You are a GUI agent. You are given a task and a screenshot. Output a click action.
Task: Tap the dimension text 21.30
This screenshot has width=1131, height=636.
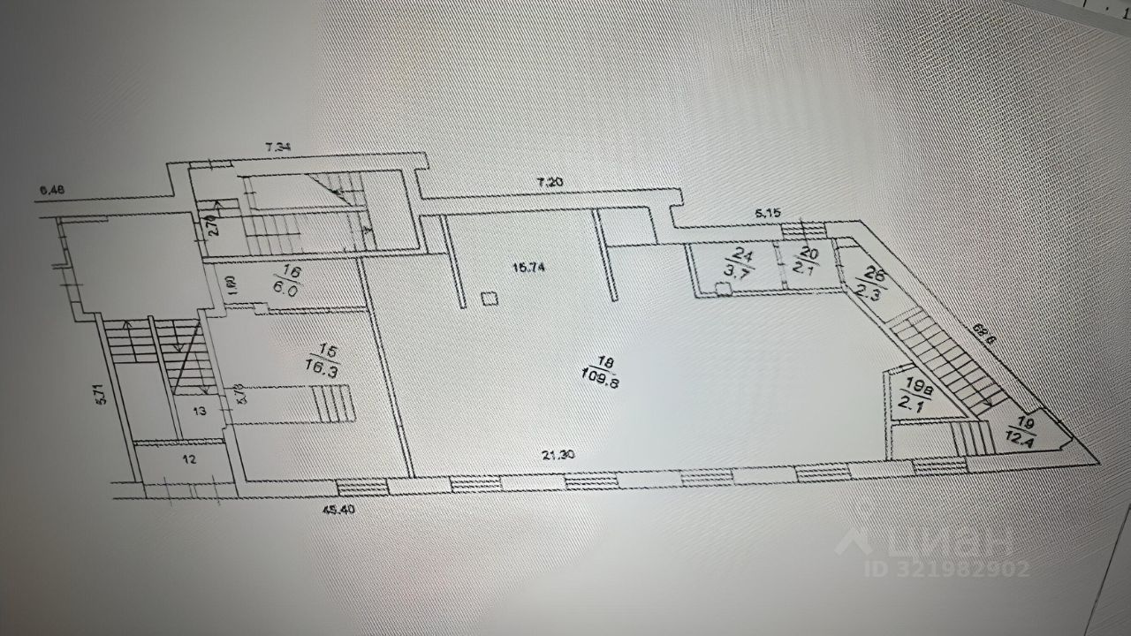point(562,455)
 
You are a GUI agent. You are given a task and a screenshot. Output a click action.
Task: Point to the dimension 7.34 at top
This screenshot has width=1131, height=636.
point(278,148)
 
